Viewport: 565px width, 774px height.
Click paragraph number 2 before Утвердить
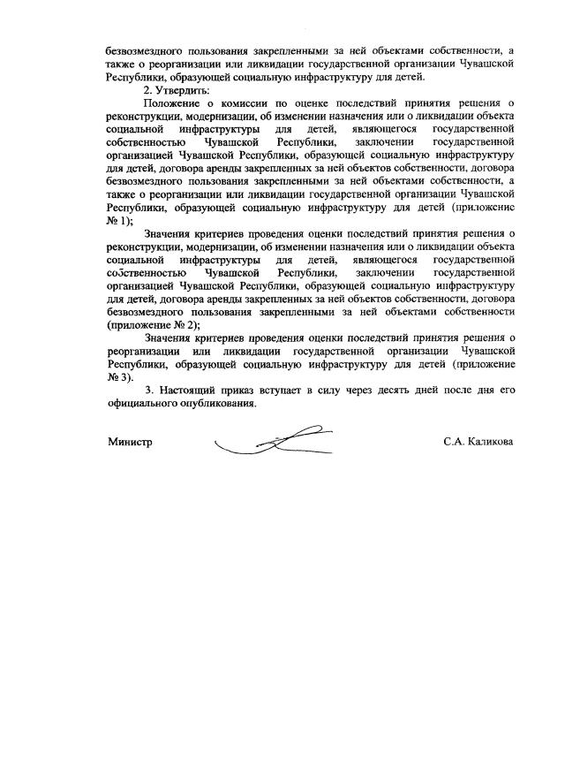click(147, 91)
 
